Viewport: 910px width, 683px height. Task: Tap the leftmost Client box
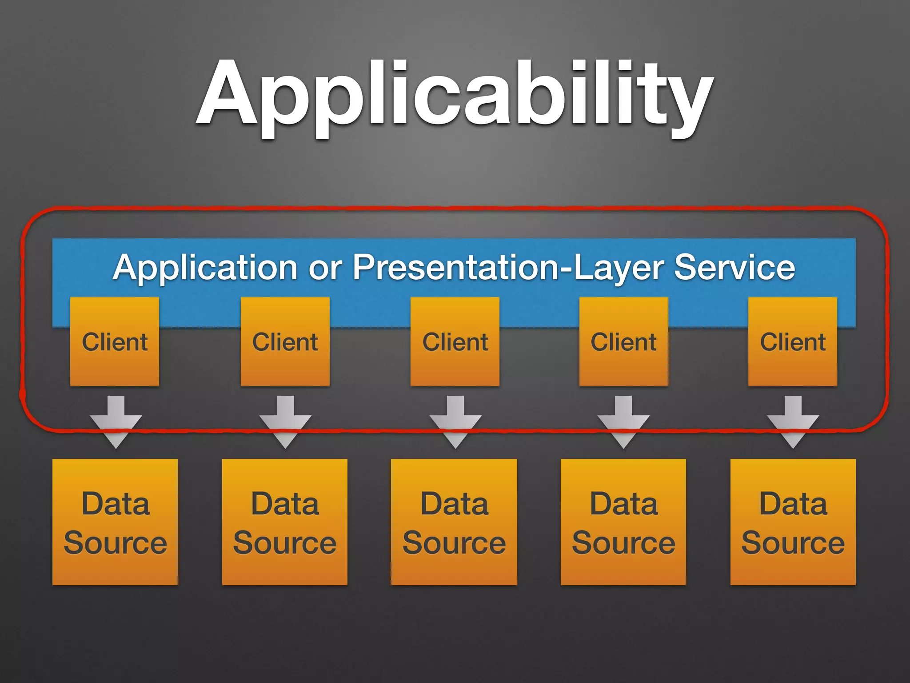(x=115, y=341)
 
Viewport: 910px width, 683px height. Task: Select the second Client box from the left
(x=285, y=341)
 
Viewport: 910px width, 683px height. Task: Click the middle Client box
(x=455, y=341)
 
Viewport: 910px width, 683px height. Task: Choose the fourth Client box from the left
(x=623, y=341)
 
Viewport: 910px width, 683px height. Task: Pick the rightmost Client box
(x=793, y=341)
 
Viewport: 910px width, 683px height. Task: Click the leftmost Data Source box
(x=115, y=522)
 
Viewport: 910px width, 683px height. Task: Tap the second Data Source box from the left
(x=284, y=522)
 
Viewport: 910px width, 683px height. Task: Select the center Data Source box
(x=454, y=522)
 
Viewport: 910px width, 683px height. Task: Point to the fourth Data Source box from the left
(x=623, y=522)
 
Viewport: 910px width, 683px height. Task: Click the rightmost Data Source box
(x=793, y=522)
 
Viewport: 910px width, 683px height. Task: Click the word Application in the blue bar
(x=205, y=268)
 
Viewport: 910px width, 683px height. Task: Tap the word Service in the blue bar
(x=734, y=267)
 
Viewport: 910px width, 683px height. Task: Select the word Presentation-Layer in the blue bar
(x=509, y=268)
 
